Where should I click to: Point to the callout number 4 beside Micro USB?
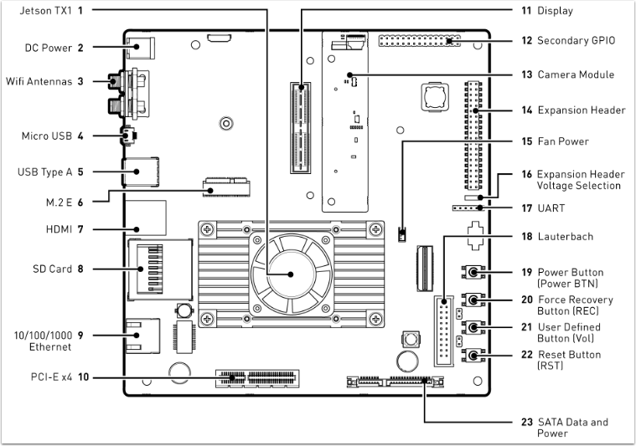pyautogui.click(x=80, y=135)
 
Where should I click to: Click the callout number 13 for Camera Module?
pyautogui.click(x=526, y=74)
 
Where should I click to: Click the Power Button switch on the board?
pyautogui.click(x=475, y=273)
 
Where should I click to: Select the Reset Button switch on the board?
pyautogui.click(x=475, y=356)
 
